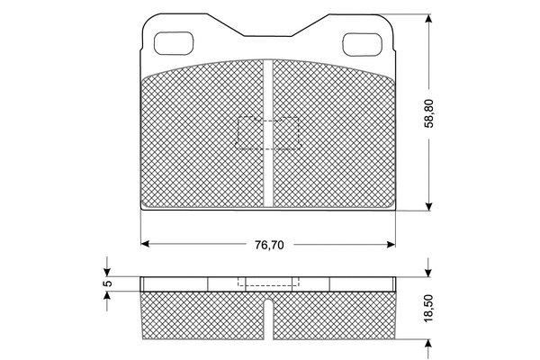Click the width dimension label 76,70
268,244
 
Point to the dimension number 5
107,283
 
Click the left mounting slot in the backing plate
174,41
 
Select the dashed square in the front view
268,133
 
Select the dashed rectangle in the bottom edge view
268,281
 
